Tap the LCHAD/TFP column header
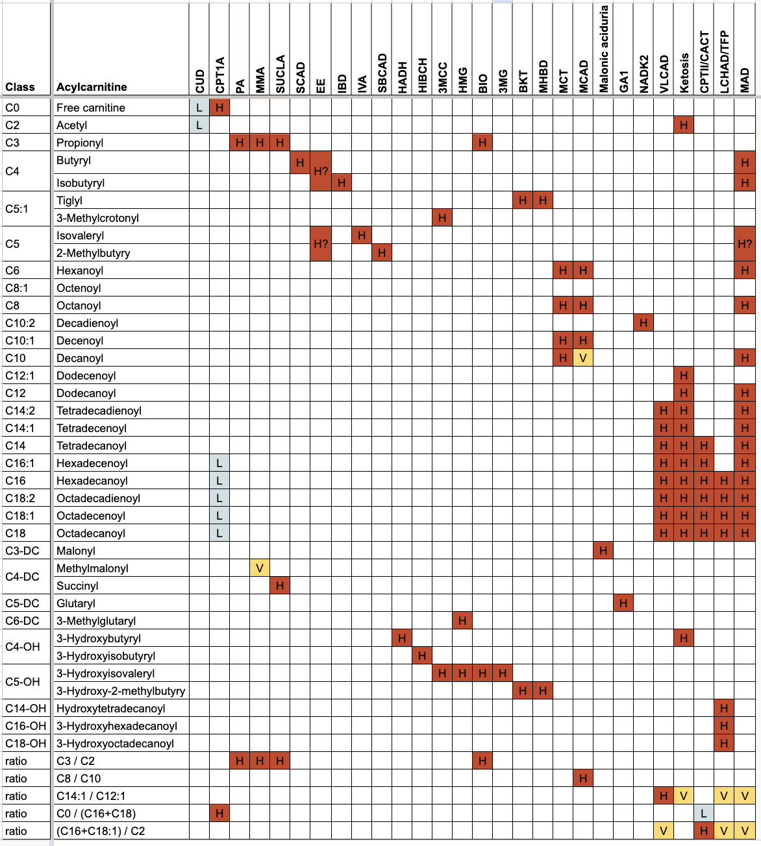(724, 62)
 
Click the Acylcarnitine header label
(92, 87)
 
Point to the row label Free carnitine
(91, 108)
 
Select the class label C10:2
(21, 323)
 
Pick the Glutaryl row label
(76, 603)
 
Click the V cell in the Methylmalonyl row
(260, 568)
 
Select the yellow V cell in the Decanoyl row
(583, 358)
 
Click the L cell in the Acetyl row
(199, 125)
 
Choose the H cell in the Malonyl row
(603, 551)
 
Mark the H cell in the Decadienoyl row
(643, 323)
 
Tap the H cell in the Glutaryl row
(623, 603)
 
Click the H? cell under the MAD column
(744, 244)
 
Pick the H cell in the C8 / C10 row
(583, 779)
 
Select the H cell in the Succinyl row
(280, 586)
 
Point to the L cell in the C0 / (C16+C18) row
(704, 814)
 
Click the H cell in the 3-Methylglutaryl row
(462, 621)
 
